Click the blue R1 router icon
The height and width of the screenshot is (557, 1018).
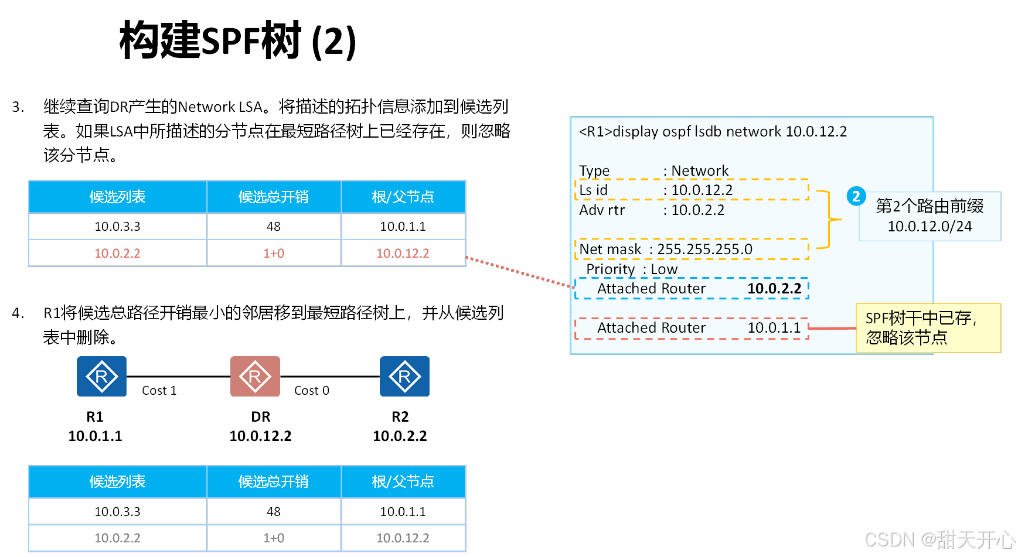101,376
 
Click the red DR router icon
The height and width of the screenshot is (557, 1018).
255,376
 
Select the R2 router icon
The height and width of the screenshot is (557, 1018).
404,376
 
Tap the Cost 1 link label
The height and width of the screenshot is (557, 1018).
159,391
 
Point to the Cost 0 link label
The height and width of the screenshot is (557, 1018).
311,391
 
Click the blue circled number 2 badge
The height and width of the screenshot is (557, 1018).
856,196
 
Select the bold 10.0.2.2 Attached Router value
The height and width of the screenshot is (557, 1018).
774,289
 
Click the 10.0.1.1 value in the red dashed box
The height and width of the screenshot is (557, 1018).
774,328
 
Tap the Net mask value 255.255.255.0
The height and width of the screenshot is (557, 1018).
704,250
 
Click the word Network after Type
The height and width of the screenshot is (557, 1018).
700,170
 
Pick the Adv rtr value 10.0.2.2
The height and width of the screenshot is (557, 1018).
697,210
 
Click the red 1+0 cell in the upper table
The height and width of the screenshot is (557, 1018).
274,254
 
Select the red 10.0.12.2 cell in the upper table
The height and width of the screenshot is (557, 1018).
403,254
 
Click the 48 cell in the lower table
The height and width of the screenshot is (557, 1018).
274,512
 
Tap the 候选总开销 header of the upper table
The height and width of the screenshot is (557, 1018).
274,197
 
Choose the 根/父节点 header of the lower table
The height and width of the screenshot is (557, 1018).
403,482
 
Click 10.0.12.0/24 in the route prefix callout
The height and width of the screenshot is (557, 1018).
930,227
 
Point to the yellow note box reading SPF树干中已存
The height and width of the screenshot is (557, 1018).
928,328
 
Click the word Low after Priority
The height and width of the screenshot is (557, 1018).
664,269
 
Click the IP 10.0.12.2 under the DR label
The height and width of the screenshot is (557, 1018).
260,436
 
